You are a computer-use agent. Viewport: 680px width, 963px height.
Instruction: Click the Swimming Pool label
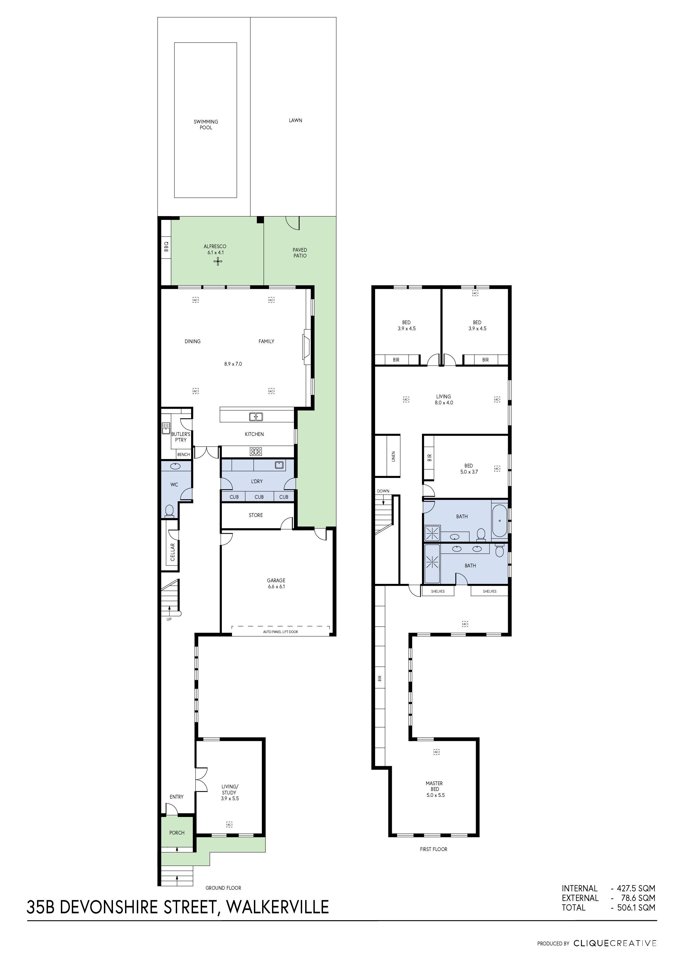206,125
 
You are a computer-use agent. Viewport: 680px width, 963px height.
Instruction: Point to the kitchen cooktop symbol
256,452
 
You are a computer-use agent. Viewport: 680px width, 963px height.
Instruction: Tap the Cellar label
172,552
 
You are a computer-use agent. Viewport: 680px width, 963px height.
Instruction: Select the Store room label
256,515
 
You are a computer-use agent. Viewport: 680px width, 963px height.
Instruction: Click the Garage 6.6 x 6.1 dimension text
276,586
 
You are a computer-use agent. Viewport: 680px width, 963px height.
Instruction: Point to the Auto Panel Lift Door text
280,632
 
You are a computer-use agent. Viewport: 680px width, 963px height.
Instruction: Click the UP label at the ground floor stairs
169,619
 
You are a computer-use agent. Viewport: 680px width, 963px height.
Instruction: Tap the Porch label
177,833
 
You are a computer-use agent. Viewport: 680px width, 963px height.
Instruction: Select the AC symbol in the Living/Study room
229,825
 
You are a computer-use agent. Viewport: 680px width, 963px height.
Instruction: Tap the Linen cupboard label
393,456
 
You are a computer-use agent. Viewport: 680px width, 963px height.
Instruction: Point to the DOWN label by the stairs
383,491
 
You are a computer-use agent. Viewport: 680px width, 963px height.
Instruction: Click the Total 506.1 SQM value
636,908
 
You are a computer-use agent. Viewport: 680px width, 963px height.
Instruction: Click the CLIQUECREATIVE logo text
615,943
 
